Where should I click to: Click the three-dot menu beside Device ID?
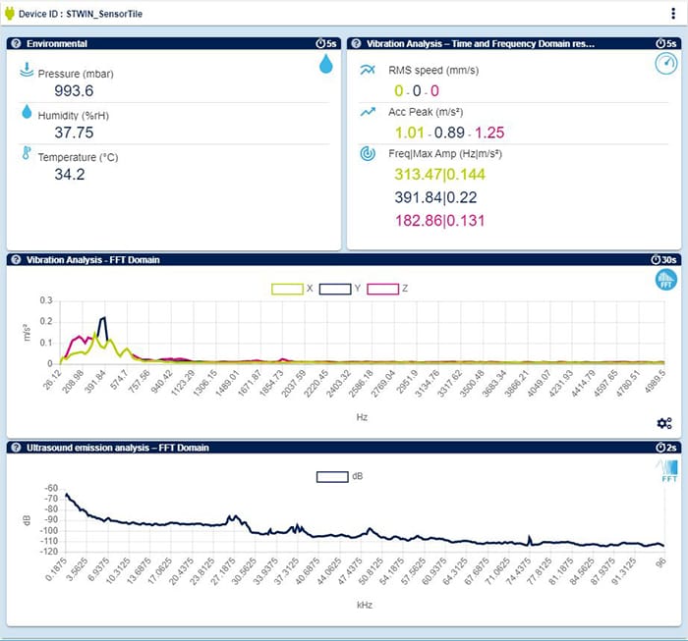tap(673, 15)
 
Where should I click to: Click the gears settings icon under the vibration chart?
tap(664, 423)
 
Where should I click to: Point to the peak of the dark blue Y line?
tap(103, 317)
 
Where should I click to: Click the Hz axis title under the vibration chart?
tap(363, 416)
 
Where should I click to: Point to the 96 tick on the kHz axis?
tap(663, 563)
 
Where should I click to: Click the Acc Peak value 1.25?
tap(488, 133)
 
